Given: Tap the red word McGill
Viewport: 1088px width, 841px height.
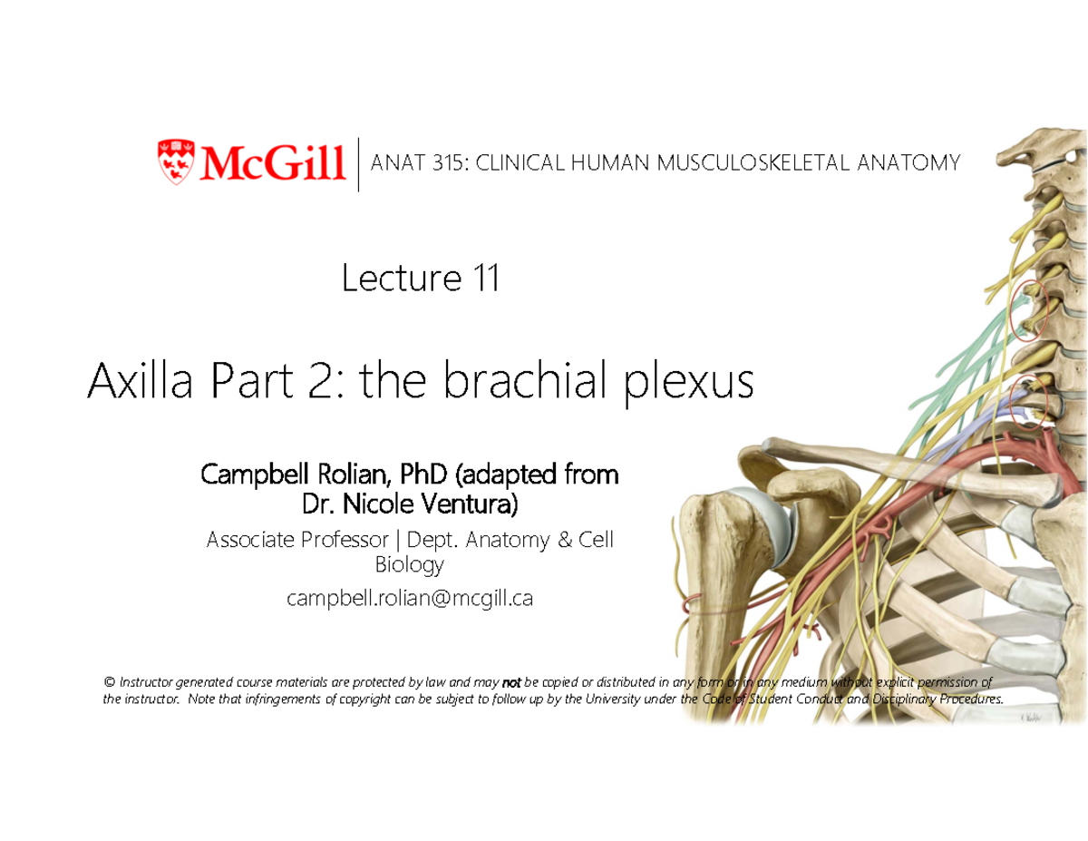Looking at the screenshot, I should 272,162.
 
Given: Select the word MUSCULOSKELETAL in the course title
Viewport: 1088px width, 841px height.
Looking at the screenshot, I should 750,163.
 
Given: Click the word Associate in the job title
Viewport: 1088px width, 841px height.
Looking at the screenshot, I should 256,540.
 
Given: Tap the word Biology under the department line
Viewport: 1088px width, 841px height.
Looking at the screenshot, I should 410,565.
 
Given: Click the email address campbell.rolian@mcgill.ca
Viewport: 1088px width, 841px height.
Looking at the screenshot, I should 410,599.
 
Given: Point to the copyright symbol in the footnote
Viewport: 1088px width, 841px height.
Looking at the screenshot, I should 109,682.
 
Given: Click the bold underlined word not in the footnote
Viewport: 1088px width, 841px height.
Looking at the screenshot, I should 511,682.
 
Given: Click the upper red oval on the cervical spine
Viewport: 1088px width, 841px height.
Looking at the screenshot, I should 1028,309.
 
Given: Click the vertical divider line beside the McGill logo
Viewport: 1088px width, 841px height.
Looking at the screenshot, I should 359,164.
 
